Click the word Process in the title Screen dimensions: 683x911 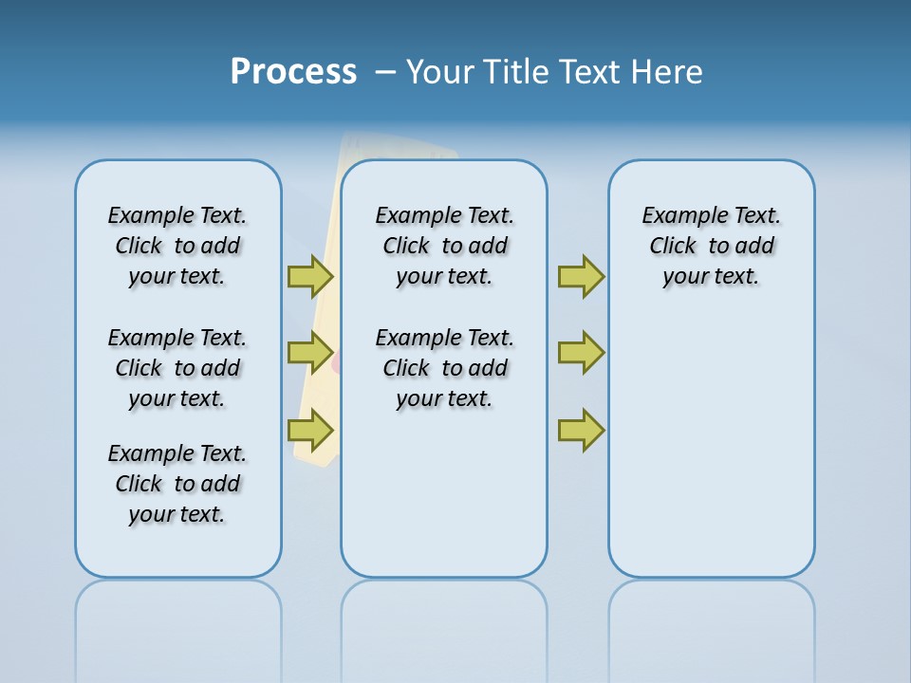293,72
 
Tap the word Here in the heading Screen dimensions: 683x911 667,72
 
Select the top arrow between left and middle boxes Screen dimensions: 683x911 310,276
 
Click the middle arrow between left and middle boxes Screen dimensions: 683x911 310,353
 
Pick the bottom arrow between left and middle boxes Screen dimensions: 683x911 310,431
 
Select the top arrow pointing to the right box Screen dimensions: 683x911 581,276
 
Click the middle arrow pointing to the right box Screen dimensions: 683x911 581,353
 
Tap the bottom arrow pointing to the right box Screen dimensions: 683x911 581,431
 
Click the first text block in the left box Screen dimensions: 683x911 177,246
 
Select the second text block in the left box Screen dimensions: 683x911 177,368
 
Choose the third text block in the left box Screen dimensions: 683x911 177,484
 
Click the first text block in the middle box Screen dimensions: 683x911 444,246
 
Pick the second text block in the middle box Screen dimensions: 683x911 444,368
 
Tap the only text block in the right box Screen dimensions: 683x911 711,246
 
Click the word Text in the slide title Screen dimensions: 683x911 588,72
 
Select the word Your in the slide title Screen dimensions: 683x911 440,72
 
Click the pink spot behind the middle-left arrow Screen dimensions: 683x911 336,361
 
